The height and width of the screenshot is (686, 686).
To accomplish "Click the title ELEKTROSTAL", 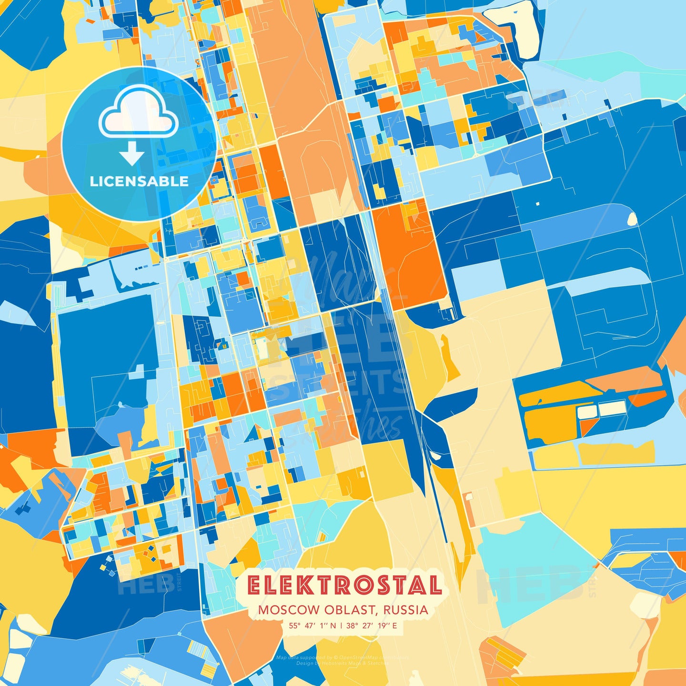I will point(344,585).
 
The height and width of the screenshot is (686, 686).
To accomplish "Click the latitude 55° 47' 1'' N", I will point(312,625).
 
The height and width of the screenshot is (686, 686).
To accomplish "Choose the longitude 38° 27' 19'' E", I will point(372,625).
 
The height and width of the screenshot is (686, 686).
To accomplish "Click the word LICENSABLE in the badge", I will point(139,181).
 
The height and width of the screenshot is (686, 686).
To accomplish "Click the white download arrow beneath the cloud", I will point(132,155).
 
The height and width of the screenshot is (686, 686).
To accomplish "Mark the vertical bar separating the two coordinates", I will point(341,625).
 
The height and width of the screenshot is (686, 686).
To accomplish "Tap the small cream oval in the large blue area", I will point(632,219).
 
